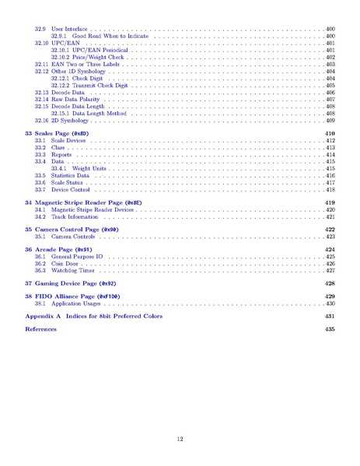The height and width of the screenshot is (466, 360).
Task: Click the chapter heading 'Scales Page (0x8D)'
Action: pos(62,134)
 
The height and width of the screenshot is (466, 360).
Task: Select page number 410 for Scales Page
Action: pos(329,134)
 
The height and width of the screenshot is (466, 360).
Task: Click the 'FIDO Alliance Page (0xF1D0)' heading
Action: pos(78,297)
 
